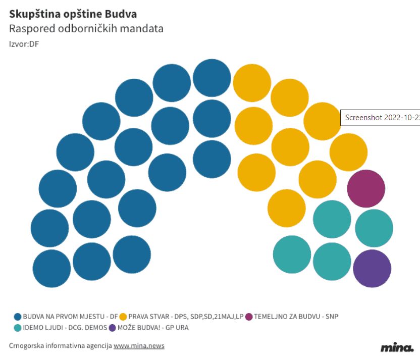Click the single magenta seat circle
[x=366, y=188]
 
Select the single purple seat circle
[x=372, y=268]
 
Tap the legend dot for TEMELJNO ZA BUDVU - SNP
[x=248, y=317]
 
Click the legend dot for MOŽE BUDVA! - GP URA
[x=113, y=328]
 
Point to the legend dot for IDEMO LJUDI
[x=18, y=328]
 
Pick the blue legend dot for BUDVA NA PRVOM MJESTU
[x=18, y=317]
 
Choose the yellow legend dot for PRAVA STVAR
[x=123, y=317]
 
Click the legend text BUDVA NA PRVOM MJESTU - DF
[x=70, y=317]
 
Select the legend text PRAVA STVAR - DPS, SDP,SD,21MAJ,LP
[x=186, y=317]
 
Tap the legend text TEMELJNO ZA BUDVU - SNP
[x=296, y=317]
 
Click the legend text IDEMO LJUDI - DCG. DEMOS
[x=65, y=328]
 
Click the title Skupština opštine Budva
[x=73, y=14]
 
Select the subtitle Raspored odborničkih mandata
[x=86, y=28]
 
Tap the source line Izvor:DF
[x=24, y=44]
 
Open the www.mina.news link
[x=139, y=346]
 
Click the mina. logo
[x=397, y=347]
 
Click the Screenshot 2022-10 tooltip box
[x=381, y=117]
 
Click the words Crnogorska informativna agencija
[x=60, y=346]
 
